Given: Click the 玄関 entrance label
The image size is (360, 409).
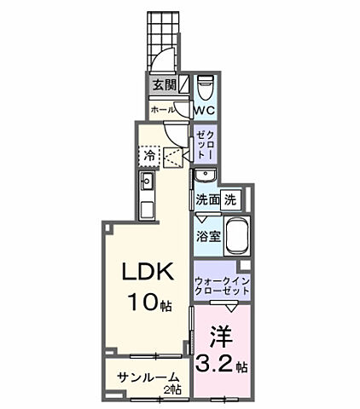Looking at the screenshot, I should click(165, 85).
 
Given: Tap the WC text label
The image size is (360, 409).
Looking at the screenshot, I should click(204, 111).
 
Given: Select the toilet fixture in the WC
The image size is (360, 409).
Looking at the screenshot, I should click(205, 88).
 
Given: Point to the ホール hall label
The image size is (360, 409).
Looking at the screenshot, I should click(162, 110).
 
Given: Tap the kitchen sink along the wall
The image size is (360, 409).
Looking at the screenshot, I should click(145, 181).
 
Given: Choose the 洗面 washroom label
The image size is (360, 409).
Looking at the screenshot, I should click(208, 200).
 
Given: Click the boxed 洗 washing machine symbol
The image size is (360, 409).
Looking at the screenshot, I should click(231, 199).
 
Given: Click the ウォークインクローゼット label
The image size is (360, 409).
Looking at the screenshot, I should click(222, 285).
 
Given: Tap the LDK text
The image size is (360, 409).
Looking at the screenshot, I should click(147, 273).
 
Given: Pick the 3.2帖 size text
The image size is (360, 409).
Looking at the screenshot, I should click(223, 367).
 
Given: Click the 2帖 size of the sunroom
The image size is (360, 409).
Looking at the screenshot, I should click(175, 389).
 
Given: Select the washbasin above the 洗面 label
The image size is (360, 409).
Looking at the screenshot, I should click(206, 176).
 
